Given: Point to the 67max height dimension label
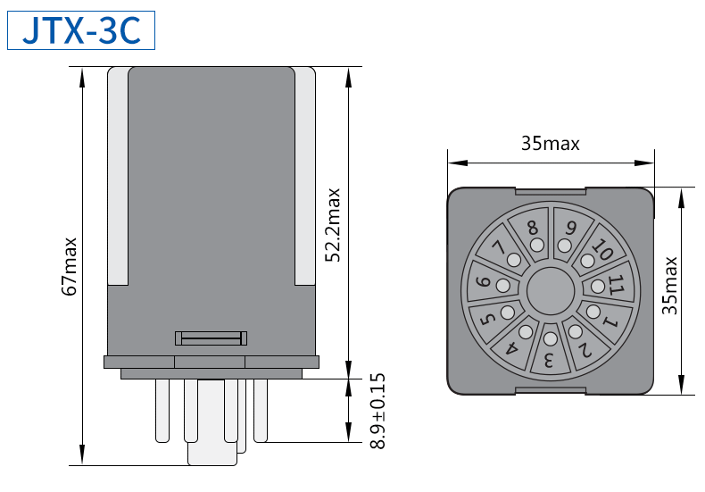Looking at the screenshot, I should [70, 265].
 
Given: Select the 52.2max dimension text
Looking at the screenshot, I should [333, 224].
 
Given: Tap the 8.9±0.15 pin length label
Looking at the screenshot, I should [377, 411].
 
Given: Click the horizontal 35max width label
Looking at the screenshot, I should [550, 144].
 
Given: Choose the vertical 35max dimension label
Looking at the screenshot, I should [670, 286].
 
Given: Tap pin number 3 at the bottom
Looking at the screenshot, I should [550, 362].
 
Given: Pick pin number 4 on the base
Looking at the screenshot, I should [513, 348].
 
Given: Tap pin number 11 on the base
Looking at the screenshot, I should [615, 285].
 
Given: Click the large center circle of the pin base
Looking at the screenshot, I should [550, 290].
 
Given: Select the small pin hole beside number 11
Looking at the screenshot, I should [596, 287].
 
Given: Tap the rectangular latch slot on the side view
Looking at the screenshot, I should [211, 338].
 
